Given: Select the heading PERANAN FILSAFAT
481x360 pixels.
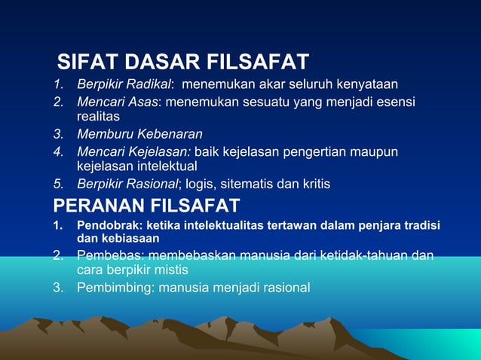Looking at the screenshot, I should pos(146,205).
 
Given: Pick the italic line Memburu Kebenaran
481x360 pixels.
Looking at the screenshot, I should pos(139,135).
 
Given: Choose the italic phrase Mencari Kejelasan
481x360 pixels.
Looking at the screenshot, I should pos(133,153).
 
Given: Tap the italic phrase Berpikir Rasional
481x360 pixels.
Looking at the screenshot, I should pos(126,184).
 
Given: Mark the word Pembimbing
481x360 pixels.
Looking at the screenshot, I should pos(112,287).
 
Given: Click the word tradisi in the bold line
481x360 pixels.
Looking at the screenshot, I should pos(422,226).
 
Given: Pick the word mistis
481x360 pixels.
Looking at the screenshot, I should pos(169,270).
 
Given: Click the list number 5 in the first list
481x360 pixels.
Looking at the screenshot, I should pos(58,184).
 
